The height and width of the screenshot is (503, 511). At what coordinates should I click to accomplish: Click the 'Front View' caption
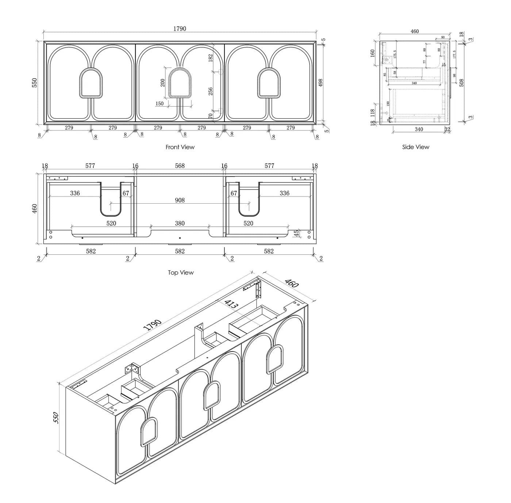point(180,147)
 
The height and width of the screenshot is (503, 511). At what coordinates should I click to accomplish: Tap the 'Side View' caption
point(415,147)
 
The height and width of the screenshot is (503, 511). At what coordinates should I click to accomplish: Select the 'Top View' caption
point(181,273)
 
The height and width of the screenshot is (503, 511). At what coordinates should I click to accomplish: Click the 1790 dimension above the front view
point(180,29)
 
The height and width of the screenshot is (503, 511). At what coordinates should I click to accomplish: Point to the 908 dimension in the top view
point(180,200)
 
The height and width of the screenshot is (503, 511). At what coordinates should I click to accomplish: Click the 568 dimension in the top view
point(180,166)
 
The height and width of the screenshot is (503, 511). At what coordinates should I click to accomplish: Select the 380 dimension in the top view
point(180,223)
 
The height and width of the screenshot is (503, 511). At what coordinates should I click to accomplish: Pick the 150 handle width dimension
point(160,104)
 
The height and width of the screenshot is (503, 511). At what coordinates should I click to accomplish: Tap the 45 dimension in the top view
point(297,233)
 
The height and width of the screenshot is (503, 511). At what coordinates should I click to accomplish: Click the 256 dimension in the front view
point(211,91)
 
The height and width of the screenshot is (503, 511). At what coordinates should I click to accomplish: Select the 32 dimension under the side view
point(447,129)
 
